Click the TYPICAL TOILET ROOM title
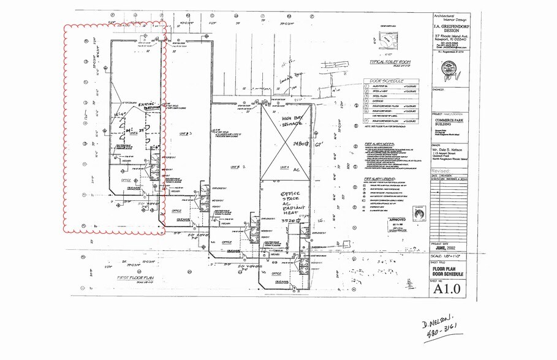pyautogui.click(x=390, y=62)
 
